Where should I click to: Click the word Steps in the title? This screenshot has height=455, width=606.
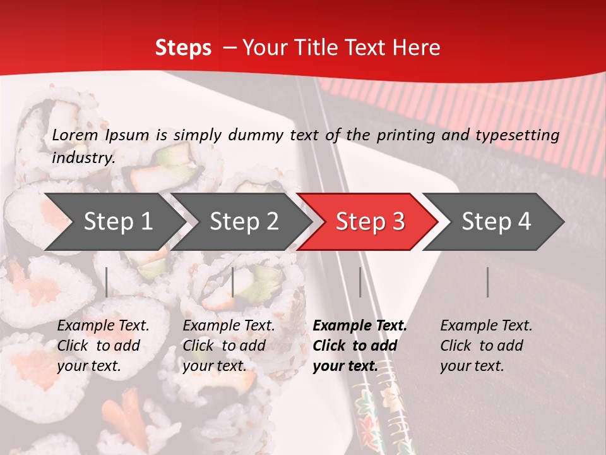183,48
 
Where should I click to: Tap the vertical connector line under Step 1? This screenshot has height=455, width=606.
107,282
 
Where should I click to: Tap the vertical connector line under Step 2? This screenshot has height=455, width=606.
233,282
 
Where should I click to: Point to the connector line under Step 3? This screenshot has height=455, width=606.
360,282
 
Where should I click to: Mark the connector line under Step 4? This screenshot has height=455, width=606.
488,282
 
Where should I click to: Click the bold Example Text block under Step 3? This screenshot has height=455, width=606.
360,346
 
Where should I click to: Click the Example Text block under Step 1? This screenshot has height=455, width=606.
103,346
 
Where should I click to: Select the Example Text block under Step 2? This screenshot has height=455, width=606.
229,346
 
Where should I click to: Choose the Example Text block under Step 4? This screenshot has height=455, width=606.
486,346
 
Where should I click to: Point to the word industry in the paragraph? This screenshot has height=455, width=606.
83,158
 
